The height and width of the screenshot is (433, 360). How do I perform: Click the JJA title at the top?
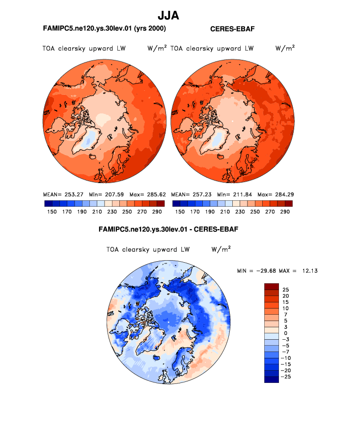point(168,16)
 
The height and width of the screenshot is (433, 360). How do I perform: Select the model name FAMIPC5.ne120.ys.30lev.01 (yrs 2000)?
point(105,29)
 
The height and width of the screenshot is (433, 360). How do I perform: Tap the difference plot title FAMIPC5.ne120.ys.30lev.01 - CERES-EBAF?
point(168,229)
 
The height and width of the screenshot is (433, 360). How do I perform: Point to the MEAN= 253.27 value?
point(61,195)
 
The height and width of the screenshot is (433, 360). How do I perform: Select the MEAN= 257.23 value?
point(189,195)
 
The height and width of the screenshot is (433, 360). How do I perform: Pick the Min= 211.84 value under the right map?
point(233,195)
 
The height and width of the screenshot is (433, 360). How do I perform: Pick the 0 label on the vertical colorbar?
point(286,333)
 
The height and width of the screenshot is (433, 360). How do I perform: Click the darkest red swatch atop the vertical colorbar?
point(271,286)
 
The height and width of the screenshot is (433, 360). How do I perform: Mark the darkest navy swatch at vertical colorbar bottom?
point(271,379)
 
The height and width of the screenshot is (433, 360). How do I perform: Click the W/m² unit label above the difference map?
point(221,249)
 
